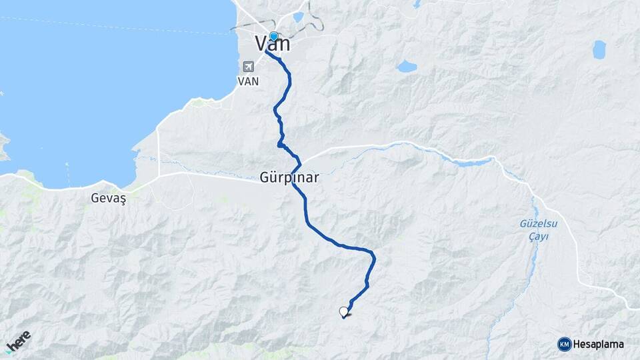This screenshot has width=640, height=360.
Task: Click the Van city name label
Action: (x=273, y=45)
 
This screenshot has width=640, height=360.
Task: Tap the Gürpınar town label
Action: (x=289, y=179)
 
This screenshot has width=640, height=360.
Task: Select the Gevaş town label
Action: (x=108, y=198)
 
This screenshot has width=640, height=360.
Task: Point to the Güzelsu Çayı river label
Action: (x=538, y=230)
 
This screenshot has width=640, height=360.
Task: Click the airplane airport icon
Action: (x=249, y=67)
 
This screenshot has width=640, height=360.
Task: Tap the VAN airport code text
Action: (x=248, y=81)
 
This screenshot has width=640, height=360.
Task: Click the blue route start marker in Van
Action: (x=273, y=36)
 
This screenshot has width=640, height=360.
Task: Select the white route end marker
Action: (x=344, y=311)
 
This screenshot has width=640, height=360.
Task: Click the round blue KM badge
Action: (x=564, y=344)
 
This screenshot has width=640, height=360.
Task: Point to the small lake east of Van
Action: (x=406, y=66)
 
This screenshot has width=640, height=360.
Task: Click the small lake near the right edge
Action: (x=599, y=49)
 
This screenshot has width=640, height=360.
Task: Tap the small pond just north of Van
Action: (x=298, y=17)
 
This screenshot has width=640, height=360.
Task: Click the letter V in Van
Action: (x=262, y=45)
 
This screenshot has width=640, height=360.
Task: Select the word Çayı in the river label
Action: (x=538, y=237)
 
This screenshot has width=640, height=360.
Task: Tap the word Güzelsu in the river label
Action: (x=538, y=223)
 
